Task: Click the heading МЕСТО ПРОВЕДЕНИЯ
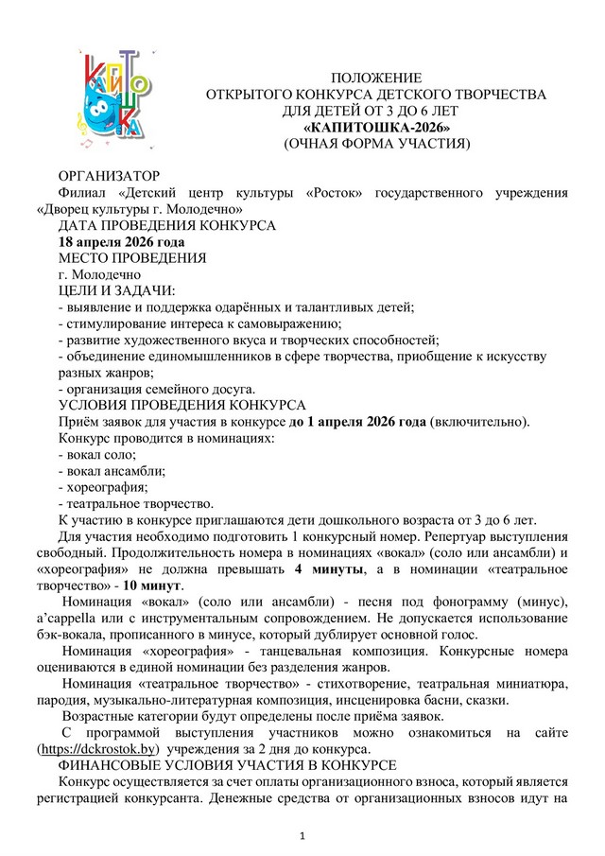(x=132, y=258)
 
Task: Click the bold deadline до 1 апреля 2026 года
(x=357, y=421)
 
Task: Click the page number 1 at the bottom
(x=302, y=835)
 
